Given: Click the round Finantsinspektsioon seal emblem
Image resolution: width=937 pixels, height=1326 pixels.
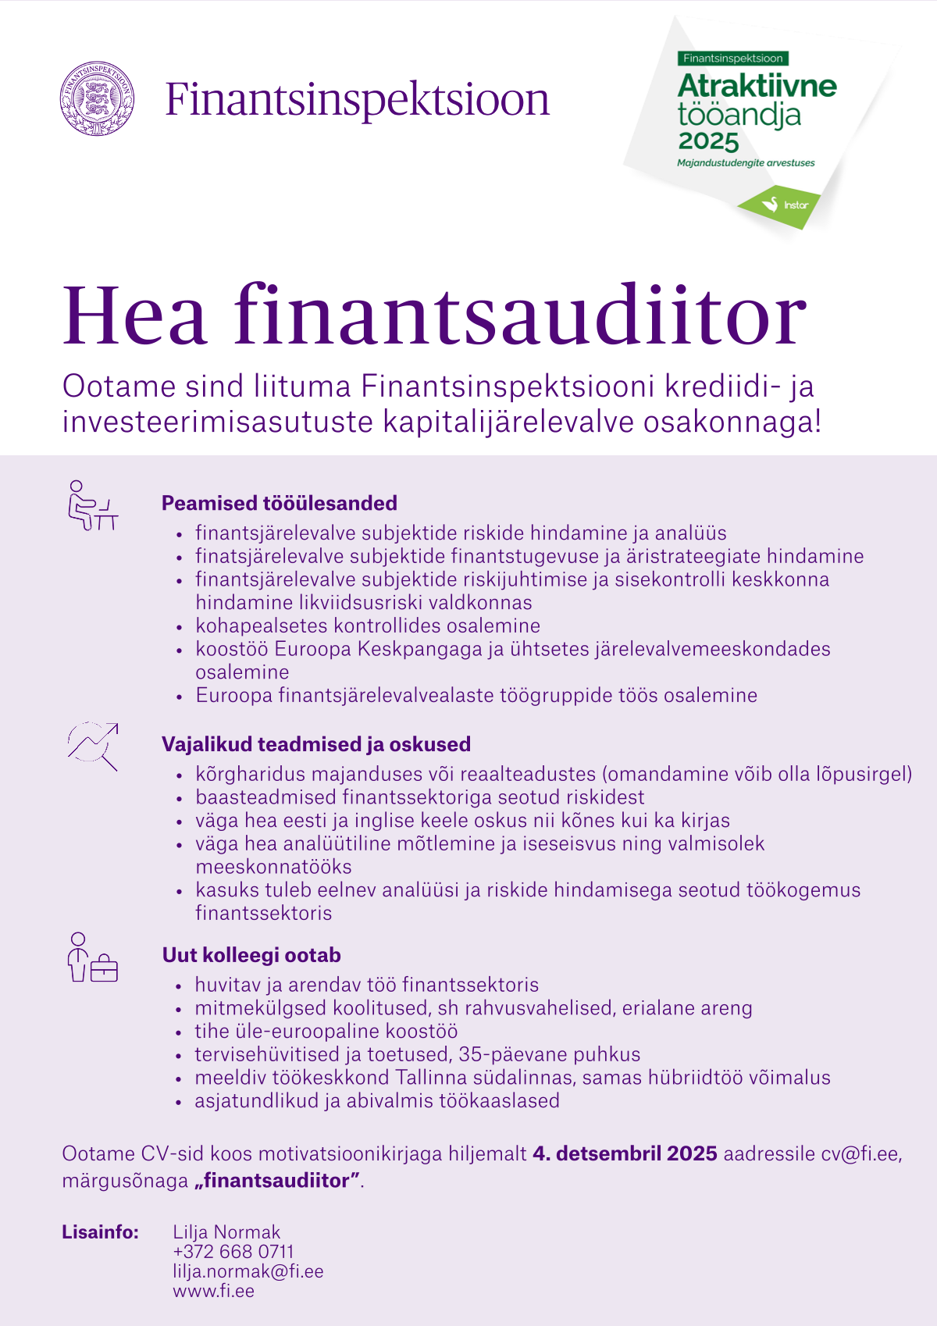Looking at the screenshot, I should tap(97, 99).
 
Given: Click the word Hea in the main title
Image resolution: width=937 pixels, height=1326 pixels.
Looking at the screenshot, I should tap(134, 315).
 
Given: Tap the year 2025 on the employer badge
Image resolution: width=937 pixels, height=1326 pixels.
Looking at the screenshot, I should tap(708, 142).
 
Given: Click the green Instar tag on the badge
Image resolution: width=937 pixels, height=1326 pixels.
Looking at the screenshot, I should tap(781, 205).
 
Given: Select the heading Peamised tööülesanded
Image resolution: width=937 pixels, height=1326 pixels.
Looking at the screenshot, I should tap(279, 503).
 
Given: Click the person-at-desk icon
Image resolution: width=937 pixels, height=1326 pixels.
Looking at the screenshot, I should tap(92, 506).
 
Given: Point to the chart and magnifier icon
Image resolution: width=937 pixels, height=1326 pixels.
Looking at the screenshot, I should tap(93, 747).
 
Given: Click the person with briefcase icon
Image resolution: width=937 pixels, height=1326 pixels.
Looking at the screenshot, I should tap(92, 957).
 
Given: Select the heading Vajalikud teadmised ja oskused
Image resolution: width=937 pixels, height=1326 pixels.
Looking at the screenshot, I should tap(316, 744).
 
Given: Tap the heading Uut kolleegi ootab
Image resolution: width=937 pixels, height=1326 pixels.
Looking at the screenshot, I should tap(251, 955).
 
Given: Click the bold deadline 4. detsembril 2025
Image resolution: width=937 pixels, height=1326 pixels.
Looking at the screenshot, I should tap(625, 1153).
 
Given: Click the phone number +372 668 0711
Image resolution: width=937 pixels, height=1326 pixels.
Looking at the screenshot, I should tap(233, 1252).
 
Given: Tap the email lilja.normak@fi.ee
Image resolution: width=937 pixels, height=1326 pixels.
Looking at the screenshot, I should tap(248, 1271).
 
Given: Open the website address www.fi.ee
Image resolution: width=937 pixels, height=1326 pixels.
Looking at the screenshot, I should tap(214, 1291).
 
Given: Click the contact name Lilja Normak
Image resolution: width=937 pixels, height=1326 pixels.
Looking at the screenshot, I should tap(226, 1232).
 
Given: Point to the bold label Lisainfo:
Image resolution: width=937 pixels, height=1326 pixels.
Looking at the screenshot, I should tap(101, 1232).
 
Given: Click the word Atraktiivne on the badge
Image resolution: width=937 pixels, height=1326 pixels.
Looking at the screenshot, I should tap(757, 86).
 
